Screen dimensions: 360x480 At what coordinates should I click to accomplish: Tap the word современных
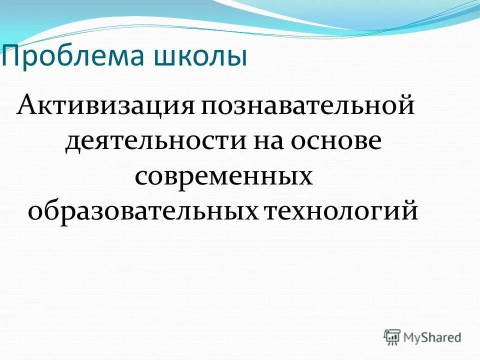[223, 177]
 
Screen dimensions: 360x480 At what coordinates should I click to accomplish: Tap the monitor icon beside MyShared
[392, 337]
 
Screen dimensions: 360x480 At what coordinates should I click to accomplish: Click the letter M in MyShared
[410, 337]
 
